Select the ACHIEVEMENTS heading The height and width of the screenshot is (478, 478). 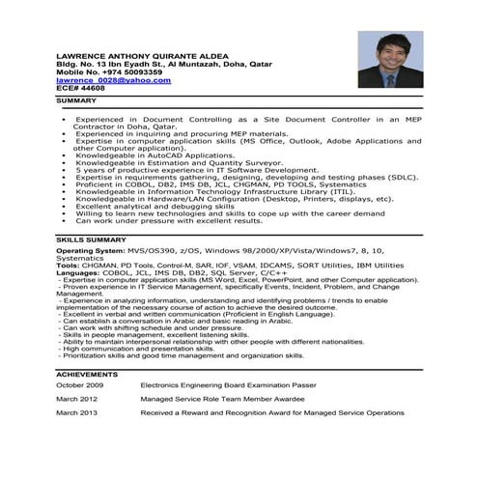pos(87,373)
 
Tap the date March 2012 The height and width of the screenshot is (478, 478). pos(76,398)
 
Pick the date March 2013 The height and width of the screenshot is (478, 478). pos(76,412)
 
